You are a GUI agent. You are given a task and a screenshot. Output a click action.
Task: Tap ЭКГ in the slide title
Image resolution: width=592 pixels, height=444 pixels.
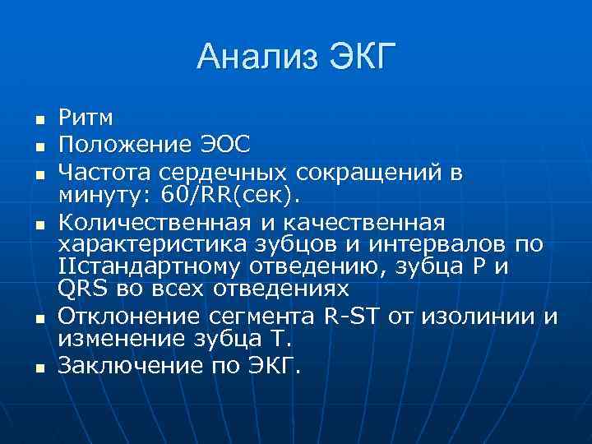tap(363, 58)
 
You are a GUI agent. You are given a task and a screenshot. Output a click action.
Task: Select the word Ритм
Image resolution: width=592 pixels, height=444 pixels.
tap(86, 120)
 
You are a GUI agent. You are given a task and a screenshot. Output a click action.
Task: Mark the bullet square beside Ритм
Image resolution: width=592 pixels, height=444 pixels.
tap(39, 122)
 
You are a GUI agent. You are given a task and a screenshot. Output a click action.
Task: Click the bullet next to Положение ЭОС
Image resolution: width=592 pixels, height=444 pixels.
tap(39, 147)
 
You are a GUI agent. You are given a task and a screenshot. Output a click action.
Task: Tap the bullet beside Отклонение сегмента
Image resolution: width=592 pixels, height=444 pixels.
tap(39, 318)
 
